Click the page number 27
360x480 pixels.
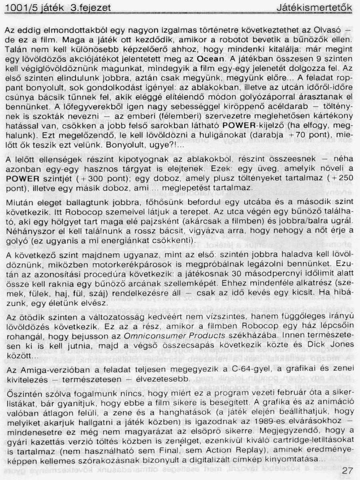point(347,471)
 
